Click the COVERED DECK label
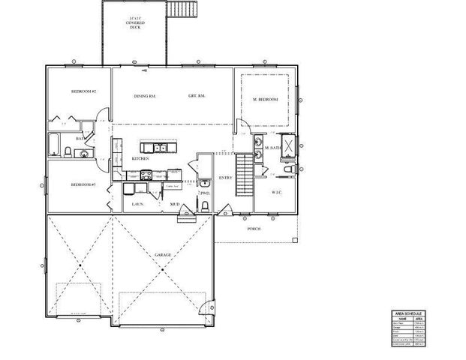coord(135,22)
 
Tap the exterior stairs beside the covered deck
coord(183,10)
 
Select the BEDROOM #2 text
coord(83,91)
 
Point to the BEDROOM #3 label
coord(83,184)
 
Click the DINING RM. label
coord(145,96)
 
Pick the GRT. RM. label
coord(197,96)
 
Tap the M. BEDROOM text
coord(266,100)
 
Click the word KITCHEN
coord(140,159)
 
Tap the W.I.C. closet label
coord(276,192)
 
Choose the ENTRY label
coord(224,178)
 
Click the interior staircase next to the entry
coord(245,174)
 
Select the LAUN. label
coord(137,204)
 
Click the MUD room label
coord(173,204)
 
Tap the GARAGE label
coord(163,255)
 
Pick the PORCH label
coord(254,229)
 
